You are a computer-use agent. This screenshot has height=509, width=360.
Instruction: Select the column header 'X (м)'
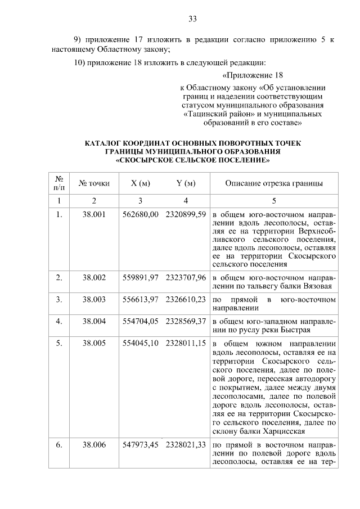tap(140, 183)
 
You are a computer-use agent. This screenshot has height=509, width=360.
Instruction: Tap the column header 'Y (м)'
tap(186, 183)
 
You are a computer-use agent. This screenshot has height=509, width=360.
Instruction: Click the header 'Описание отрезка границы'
tap(274, 183)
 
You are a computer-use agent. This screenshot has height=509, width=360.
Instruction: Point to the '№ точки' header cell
tap(94, 183)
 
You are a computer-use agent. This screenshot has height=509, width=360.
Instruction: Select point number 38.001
tap(94, 215)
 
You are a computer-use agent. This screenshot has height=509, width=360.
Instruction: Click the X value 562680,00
tap(140, 215)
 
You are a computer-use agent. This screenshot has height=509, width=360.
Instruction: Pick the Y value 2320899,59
tap(186, 215)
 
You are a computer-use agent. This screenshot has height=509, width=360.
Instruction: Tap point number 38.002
tap(94, 277)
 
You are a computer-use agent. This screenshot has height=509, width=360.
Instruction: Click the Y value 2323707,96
tap(186, 277)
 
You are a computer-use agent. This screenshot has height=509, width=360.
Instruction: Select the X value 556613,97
tap(140, 299)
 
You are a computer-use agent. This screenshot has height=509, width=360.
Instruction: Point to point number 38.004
tap(94, 321)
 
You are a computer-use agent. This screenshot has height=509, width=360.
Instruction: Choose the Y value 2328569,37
tap(186, 321)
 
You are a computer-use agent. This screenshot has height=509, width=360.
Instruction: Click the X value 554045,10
tap(140, 343)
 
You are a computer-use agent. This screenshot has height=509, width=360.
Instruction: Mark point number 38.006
tap(94, 444)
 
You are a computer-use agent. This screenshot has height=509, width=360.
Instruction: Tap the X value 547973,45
tap(140, 444)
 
